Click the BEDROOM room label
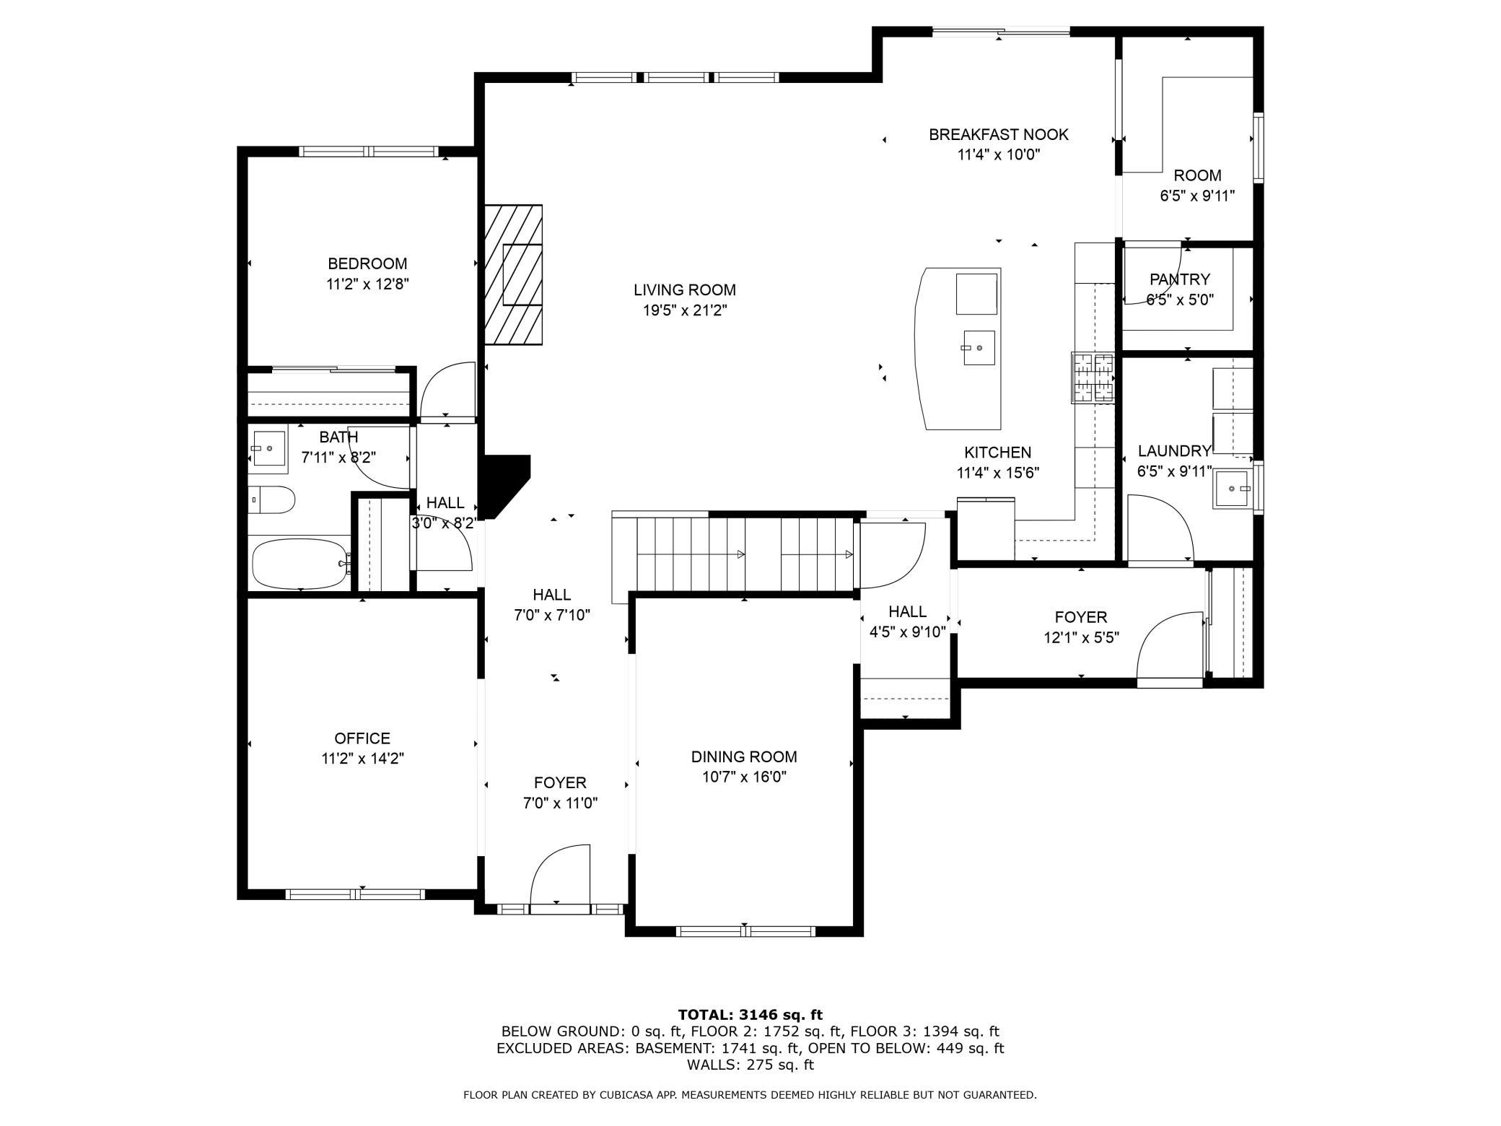tap(367, 263)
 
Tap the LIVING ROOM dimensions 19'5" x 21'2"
tap(685, 310)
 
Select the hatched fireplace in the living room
tap(513, 275)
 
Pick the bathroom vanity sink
tap(269, 448)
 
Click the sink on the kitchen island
tap(979, 349)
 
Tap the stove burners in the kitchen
tap(1093, 377)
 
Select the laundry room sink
tap(1233, 489)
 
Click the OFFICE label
tap(362, 738)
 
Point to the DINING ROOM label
tap(744, 756)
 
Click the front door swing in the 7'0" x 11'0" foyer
tap(561, 873)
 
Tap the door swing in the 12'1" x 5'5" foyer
tap(1170, 647)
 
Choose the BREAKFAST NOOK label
tap(999, 134)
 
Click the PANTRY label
tap(1180, 279)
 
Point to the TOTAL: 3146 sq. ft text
tap(750, 1015)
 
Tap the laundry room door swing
tap(1160, 528)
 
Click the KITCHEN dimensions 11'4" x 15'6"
tap(998, 473)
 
